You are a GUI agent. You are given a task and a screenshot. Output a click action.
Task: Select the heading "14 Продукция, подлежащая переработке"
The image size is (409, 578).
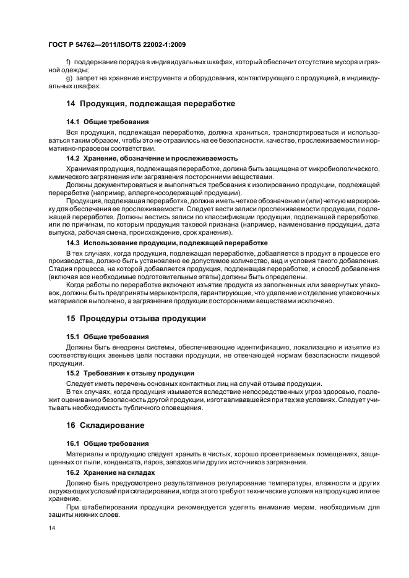[x=150, y=104]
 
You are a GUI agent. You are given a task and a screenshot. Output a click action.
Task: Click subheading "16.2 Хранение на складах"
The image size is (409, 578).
[x=111, y=472]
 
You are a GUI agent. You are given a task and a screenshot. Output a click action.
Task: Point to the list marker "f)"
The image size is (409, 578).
[x=69, y=64]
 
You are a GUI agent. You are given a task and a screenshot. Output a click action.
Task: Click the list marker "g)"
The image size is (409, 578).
[x=69, y=78]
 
